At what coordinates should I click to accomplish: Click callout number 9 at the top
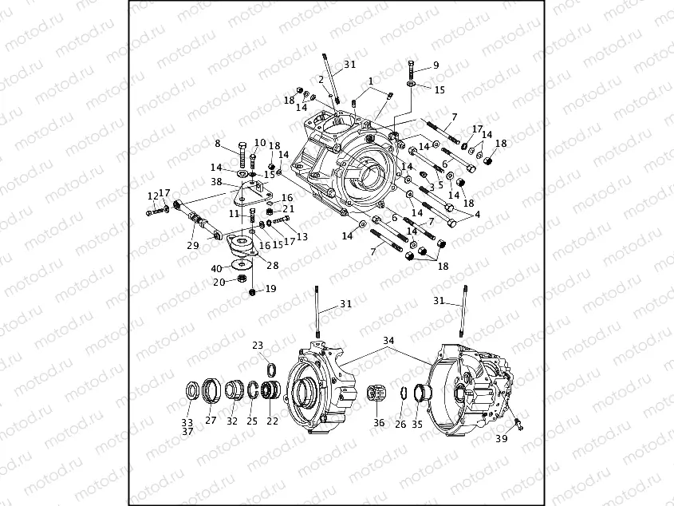click(436, 65)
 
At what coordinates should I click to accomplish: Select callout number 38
click(216, 182)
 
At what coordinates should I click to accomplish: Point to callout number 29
click(192, 245)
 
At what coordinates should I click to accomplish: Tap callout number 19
click(270, 289)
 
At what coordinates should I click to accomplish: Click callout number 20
click(219, 282)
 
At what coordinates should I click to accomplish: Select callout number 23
click(257, 346)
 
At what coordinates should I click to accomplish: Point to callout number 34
click(388, 341)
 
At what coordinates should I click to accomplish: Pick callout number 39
click(501, 439)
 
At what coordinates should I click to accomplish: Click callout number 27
click(211, 421)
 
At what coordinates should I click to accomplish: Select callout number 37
click(187, 432)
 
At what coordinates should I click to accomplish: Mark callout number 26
click(401, 424)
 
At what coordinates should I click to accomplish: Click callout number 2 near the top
click(321, 80)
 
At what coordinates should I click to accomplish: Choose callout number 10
click(260, 143)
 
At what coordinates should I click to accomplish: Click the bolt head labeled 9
click(411, 63)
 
